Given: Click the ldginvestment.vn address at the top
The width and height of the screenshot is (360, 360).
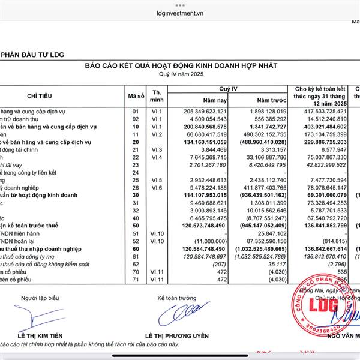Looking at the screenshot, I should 180,11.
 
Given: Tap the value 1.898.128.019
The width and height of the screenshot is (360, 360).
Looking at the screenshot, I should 265,112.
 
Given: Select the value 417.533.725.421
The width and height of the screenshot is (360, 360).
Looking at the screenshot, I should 322,112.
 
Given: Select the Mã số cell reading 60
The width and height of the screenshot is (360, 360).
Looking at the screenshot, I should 135,248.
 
